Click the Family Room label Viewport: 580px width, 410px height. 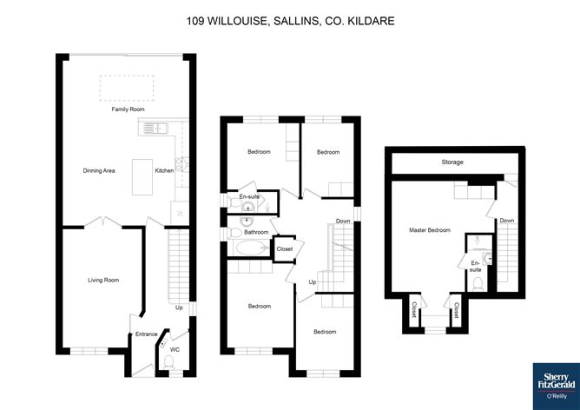click(x=128, y=109)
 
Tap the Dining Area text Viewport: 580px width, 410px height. click(x=99, y=170)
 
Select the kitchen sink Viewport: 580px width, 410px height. click(x=155, y=129)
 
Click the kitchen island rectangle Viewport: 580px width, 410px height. click(x=142, y=177)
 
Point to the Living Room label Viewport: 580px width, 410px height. click(x=103, y=280)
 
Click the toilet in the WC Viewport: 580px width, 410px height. click(x=169, y=362)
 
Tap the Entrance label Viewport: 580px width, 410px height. click(x=147, y=334)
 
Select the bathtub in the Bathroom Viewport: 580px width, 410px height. click(x=251, y=248)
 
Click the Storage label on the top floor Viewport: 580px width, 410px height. click(x=452, y=162)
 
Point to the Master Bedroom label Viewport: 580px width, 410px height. click(x=430, y=230)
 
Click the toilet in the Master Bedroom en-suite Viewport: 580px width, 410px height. click(x=478, y=284)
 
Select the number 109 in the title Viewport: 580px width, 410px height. click(x=195, y=21)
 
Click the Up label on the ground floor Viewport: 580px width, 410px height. click(x=179, y=307)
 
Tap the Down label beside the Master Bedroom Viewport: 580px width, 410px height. click(x=507, y=220)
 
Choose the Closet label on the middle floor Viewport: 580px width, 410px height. click(x=285, y=249)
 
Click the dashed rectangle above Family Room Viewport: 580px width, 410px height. click(x=127, y=88)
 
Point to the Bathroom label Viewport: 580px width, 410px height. click(x=256, y=232)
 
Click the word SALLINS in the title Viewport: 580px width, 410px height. click(x=296, y=21)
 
